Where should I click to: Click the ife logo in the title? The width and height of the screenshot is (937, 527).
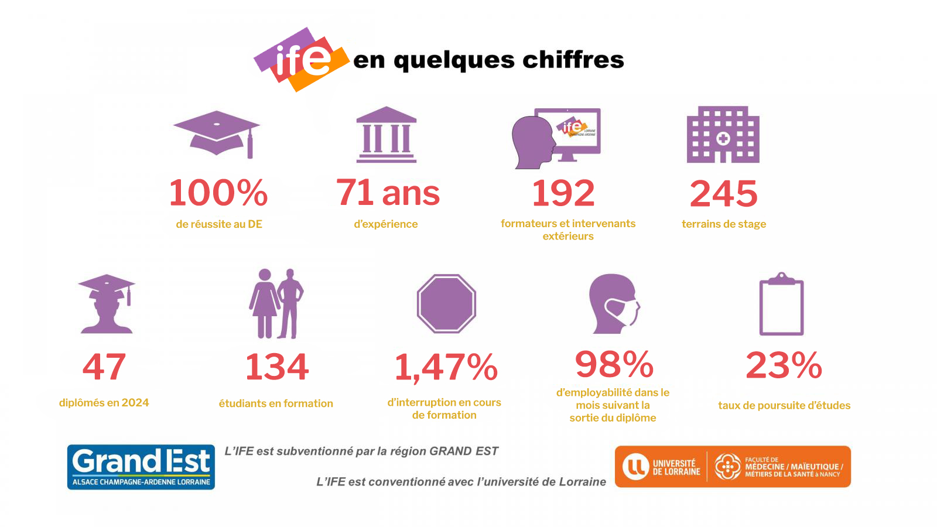[301, 59]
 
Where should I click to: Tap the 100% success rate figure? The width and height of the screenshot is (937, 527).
[218, 193]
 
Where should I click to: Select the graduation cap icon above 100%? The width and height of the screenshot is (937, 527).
[217, 134]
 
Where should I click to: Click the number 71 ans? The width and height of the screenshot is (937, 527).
[388, 193]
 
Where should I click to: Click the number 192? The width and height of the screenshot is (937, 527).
[563, 193]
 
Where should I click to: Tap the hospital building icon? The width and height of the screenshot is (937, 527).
[723, 135]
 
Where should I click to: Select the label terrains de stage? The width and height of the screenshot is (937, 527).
[724, 224]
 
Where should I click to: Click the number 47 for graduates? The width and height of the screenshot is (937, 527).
[104, 367]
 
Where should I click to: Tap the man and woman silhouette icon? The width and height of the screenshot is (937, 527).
[276, 303]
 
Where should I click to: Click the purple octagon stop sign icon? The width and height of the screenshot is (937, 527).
[446, 303]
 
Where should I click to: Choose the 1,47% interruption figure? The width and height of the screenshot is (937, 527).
[446, 368]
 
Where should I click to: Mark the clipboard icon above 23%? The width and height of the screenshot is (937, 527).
[781, 304]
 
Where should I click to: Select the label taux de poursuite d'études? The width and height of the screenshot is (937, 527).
[784, 406]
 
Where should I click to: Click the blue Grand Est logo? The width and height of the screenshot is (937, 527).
[141, 467]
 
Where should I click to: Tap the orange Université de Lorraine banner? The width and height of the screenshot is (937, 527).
[733, 467]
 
